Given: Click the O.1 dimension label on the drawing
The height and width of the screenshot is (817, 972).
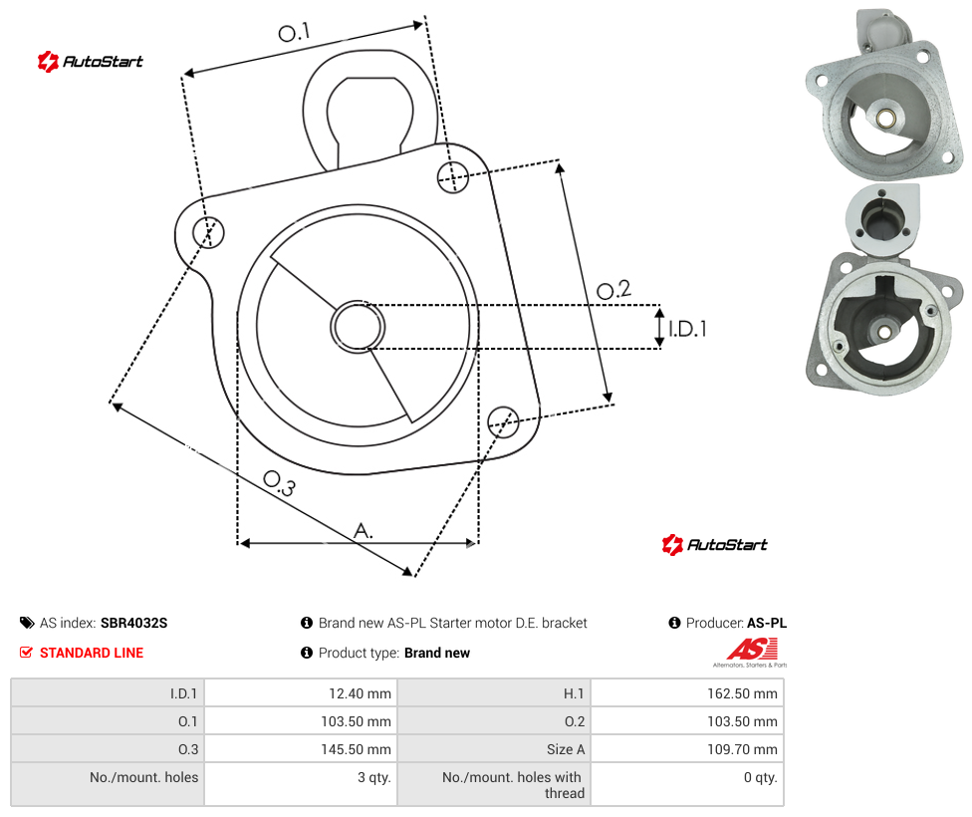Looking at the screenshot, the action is [294, 32].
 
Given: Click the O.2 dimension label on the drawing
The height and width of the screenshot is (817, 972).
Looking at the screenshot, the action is [613, 290].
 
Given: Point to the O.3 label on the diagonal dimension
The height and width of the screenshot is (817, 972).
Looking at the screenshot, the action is [279, 483].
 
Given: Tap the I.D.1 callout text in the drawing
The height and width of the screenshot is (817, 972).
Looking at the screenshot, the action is [687, 329].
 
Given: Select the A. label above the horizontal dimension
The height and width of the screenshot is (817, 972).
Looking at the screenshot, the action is [364, 530].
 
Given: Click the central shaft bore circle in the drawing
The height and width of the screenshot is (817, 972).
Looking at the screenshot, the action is [358, 327].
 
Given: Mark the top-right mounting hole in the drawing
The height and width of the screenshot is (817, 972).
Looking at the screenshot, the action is [453, 176].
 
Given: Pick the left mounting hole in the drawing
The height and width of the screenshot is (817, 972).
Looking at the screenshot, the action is [208, 232].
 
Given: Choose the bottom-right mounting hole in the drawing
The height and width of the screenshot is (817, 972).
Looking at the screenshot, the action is [503, 421].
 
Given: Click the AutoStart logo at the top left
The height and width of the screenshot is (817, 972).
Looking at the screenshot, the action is [91, 62].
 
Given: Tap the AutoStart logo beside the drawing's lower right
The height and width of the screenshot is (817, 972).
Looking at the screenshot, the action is [715, 545].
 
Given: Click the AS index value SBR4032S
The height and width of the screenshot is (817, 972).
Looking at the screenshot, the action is [133, 623].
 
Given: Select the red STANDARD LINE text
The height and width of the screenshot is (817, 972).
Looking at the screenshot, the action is [92, 653].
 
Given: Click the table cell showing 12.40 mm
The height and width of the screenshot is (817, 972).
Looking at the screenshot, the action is [301, 692].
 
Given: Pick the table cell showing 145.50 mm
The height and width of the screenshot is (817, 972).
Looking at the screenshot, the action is [301, 749].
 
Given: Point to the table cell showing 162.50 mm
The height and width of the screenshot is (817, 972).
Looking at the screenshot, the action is [687, 692].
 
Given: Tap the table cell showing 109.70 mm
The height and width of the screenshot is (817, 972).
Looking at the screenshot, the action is [687, 749].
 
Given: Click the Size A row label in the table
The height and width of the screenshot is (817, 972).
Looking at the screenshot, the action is [566, 749].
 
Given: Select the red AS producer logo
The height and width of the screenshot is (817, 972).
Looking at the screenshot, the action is [752, 650].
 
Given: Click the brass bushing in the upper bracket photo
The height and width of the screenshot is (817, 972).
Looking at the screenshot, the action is [884, 118].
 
